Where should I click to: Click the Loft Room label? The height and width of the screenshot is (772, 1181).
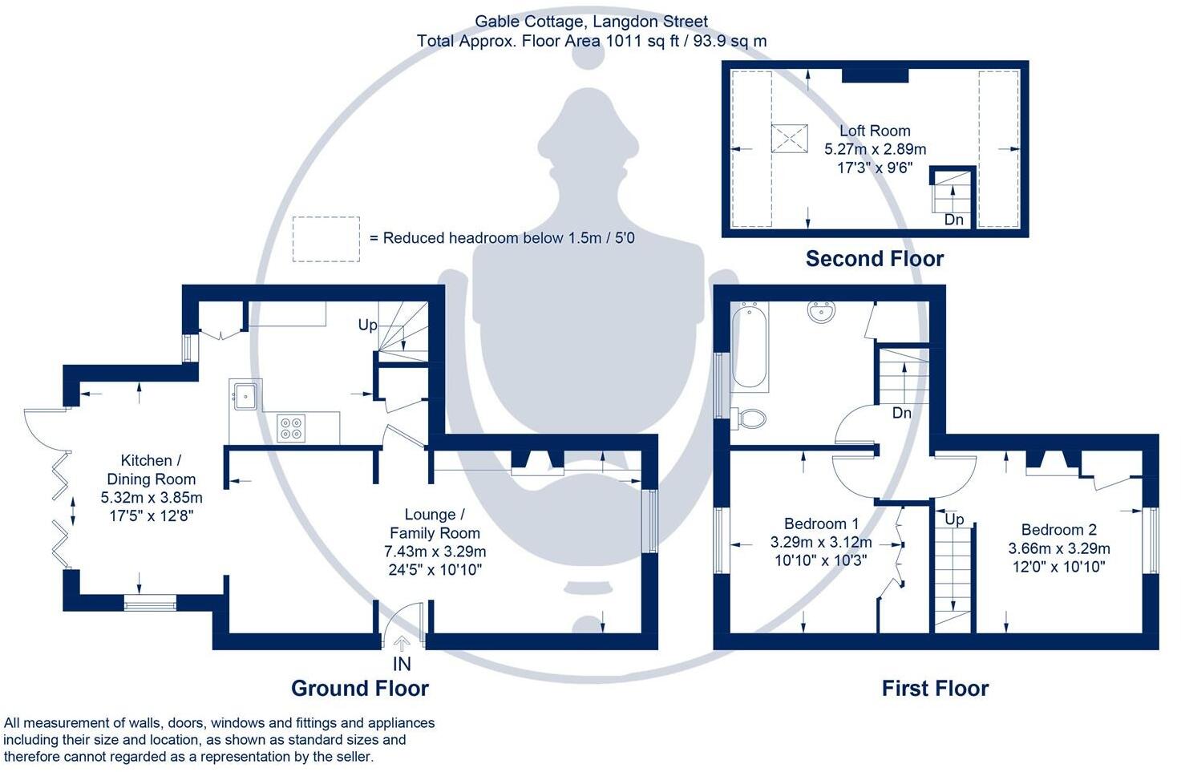875,131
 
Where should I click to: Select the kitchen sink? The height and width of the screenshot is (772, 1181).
245,394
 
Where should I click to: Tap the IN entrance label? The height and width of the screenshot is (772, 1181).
402,664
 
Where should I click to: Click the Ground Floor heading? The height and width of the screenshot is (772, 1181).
359,688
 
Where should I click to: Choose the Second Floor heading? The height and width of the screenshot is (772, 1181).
874,258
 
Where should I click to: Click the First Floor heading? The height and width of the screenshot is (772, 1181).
935,688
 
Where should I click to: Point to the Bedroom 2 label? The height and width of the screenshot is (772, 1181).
1058,530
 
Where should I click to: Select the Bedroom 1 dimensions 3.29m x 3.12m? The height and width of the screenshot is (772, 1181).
821,542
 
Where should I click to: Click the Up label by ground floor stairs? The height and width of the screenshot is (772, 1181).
367,325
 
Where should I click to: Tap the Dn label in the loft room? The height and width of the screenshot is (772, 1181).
953,219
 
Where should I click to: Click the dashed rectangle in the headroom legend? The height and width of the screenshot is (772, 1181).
326,239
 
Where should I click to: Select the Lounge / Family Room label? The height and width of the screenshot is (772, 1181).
435,523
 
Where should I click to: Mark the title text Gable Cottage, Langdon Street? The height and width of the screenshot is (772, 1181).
591,22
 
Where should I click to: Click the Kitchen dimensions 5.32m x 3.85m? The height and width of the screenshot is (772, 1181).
152,497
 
